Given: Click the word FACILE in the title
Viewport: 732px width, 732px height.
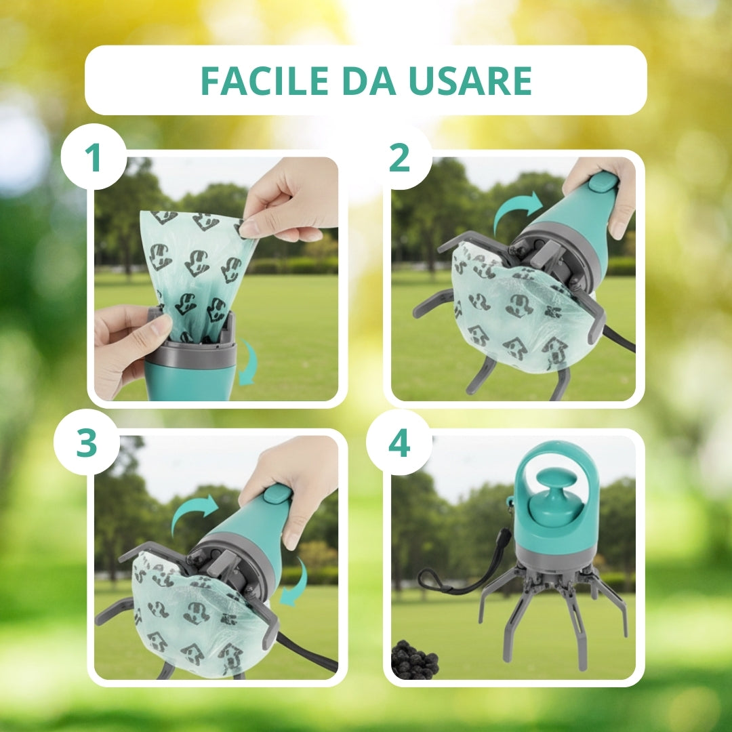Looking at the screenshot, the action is pos(265,80).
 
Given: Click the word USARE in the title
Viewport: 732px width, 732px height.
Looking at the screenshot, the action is pos(470,80).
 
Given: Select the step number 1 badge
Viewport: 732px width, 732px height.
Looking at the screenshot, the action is pos(94,157).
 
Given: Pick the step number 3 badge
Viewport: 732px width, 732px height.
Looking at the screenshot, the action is pos(87,442).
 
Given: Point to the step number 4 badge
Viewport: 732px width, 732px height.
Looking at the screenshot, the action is pos(399,443).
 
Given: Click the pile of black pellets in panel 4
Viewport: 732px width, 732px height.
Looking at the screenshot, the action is pos(414,659).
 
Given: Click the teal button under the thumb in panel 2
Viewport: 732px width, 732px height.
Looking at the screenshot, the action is pos(603,182).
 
